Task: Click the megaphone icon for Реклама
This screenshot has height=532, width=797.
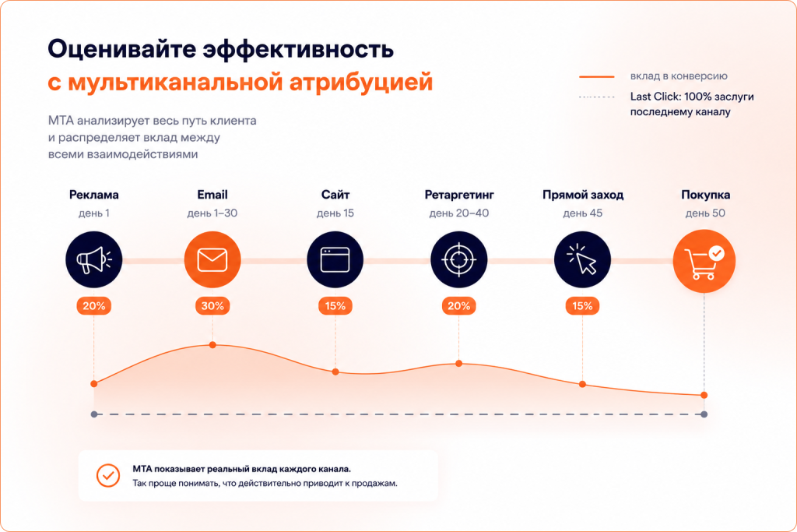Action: (94, 260)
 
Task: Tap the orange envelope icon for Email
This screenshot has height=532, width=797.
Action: (212, 260)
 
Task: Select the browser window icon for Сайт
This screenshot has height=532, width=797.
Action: (335, 260)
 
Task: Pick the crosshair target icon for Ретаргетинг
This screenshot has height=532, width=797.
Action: (459, 260)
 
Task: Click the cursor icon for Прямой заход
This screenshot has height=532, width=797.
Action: (582, 260)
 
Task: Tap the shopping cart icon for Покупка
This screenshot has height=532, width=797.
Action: (704, 261)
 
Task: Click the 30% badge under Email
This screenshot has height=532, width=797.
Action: (212, 305)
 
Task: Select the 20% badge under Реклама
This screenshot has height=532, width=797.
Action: (94, 305)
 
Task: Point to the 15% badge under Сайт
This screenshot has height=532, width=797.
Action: (335, 305)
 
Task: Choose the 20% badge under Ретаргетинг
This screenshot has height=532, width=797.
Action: (459, 305)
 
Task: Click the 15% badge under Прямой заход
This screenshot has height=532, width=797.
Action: (582, 305)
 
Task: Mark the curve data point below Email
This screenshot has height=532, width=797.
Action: (212, 345)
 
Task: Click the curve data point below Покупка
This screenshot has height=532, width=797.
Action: (704, 395)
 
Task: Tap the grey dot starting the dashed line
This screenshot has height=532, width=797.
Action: (94, 414)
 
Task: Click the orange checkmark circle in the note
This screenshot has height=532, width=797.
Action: (108, 476)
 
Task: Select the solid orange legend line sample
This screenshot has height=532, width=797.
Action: (597, 77)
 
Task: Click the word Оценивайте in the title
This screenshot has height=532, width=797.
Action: (122, 49)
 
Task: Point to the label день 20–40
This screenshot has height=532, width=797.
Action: (459, 213)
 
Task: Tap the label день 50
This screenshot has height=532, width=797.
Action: (705, 213)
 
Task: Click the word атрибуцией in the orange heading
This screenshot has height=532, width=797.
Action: (361, 83)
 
